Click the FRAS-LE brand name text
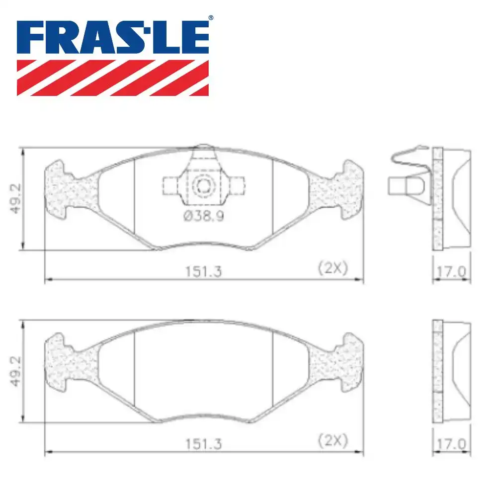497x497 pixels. click(x=112, y=37)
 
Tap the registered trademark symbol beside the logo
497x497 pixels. click(x=211, y=18)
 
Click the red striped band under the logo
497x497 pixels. click(x=112, y=78)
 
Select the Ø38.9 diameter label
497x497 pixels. click(x=204, y=216)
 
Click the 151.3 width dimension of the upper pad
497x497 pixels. click(x=203, y=271)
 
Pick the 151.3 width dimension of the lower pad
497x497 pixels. click(x=203, y=444)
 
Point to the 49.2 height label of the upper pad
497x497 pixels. click(x=15, y=199)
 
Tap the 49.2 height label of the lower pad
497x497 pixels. click(x=15, y=371)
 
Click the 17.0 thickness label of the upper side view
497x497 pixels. click(x=451, y=272)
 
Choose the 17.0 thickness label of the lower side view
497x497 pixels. click(x=451, y=444)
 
